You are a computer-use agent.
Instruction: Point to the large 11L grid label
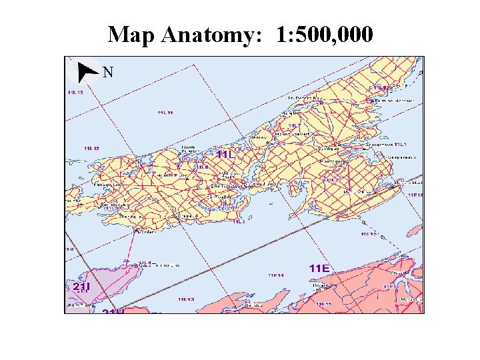point(226,154)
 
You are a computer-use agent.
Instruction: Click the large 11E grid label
point(319,267)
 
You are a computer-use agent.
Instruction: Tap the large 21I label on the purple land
point(81,287)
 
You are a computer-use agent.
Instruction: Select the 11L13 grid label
point(75,92)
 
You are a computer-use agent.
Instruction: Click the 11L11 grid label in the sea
point(165,113)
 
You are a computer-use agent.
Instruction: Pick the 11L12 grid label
point(91,148)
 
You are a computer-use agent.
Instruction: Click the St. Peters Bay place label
point(305,97)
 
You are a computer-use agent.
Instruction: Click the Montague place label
point(331,161)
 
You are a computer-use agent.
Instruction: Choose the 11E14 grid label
point(276,274)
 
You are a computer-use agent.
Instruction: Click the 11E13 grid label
point(186,299)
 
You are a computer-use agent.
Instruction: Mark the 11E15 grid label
point(369,234)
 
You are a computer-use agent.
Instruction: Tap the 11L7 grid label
point(295,125)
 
